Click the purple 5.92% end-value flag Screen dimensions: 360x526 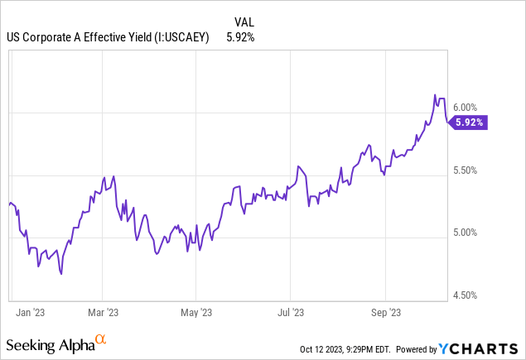point(469,122)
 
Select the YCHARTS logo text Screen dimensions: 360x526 point(489,348)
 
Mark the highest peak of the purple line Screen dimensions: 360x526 point(436,95)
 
